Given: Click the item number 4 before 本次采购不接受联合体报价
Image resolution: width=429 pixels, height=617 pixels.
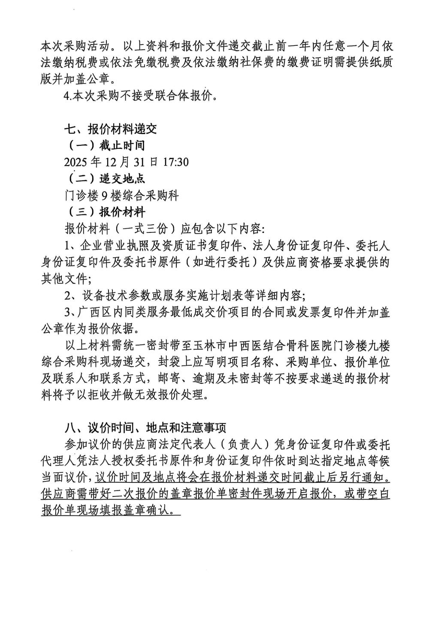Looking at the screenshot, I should (66, 96).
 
